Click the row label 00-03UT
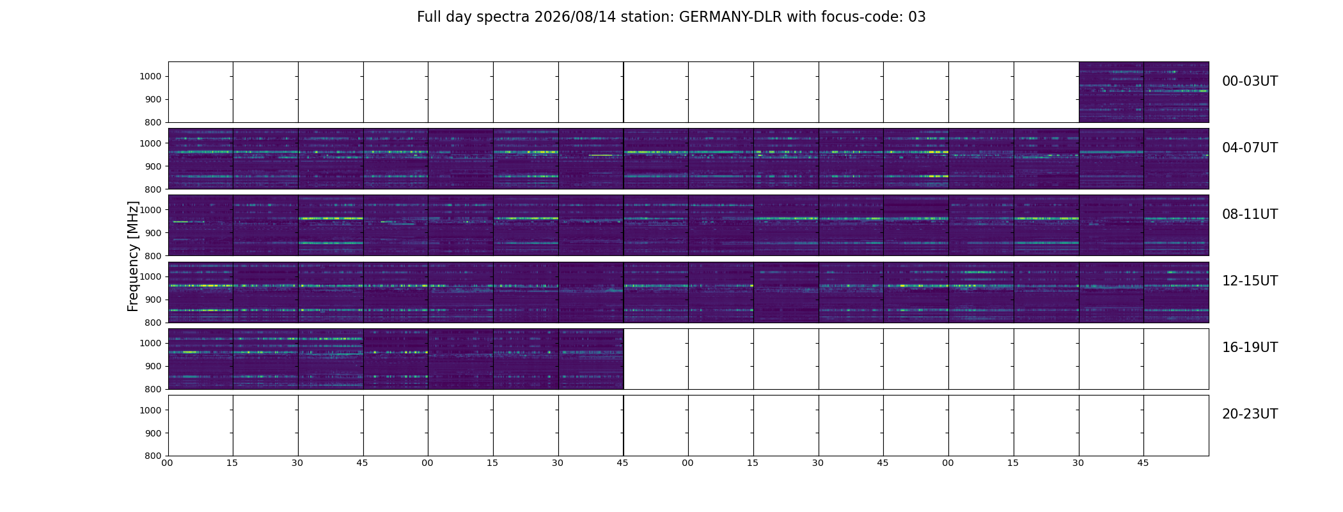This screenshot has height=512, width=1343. [1250, 81]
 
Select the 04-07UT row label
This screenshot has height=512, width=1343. [1250, 148]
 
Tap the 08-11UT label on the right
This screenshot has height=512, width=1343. [1250, 214]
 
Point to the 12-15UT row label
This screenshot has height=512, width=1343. [1250, 281]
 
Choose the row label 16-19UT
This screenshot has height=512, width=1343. [1250, 348]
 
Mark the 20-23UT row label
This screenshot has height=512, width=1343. [1250, 414]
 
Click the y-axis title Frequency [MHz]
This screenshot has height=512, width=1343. [133, 256]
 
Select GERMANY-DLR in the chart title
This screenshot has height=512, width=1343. [730, 17]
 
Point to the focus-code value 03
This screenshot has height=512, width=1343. [917, 17]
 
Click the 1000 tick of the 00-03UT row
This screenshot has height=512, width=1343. [150, 77]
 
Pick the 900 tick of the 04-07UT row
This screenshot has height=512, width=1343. [153, 166]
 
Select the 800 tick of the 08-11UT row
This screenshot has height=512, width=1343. [153, 256]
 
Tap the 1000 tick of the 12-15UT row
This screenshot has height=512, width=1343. [150, 276]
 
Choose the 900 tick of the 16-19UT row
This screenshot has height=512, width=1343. [153, 366]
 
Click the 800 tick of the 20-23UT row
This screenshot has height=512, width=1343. [153, 456]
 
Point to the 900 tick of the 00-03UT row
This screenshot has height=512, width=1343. [153, 100]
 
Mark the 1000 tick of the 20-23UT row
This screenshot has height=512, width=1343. [150, 410]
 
